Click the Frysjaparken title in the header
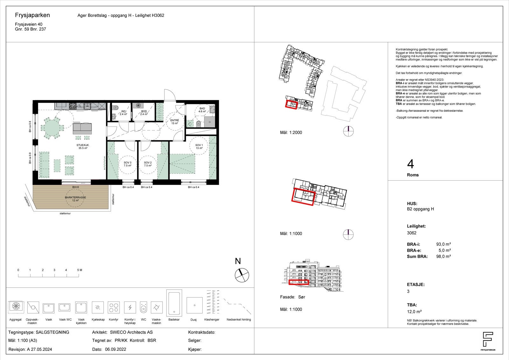point(32,15)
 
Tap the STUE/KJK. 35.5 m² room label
point(83,146)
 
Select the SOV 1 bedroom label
point(199,147)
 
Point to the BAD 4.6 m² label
point(202,110)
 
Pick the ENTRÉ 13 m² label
point(175,122)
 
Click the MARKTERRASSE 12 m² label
point(75,199)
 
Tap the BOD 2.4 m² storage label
point(144,113)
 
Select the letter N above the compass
point(238,261)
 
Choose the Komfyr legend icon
point(114,308)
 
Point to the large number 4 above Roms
point(410,164)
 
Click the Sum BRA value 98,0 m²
point(443,256)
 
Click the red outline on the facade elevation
point(298,282)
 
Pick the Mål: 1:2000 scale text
point(291,133)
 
